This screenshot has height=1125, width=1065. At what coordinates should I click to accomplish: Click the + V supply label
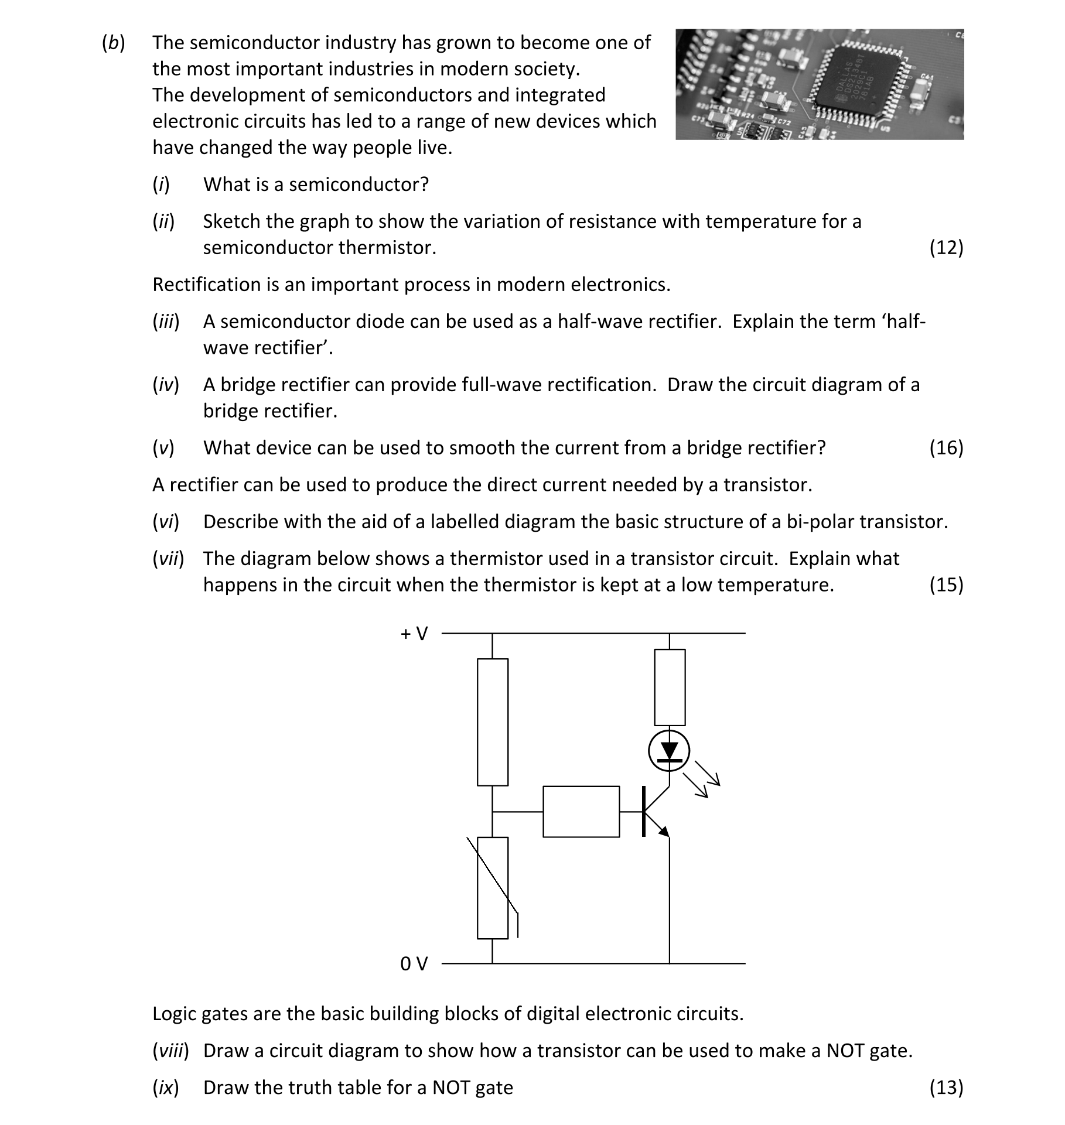click(414, 633)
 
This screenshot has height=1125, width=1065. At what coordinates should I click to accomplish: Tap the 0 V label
click(414, 963)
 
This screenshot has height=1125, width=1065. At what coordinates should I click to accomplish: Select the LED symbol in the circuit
click(669, 751)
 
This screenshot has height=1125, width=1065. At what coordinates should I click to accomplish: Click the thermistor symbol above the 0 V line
click(493, 888)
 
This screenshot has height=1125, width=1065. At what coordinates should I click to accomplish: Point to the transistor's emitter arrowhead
click(664, 830)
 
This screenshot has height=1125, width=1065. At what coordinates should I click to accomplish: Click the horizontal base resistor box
click(581, 812)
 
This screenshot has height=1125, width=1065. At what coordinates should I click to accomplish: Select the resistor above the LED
click(669, 687)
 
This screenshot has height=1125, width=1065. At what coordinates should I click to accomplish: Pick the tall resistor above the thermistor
click(492, 721)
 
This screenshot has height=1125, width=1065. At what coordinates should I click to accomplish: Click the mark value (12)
click(945, 248)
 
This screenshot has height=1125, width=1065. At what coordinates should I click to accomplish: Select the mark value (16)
click(945, 448)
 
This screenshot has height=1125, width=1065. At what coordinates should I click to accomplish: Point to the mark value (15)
click(945, 584)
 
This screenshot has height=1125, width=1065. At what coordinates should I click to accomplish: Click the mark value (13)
click(945, 1088)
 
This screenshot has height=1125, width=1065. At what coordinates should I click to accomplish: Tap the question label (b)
click(114, 43)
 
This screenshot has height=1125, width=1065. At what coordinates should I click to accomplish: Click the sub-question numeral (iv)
click(166, 385)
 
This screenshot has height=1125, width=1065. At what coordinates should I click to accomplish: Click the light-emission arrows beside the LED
click(706, 778)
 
